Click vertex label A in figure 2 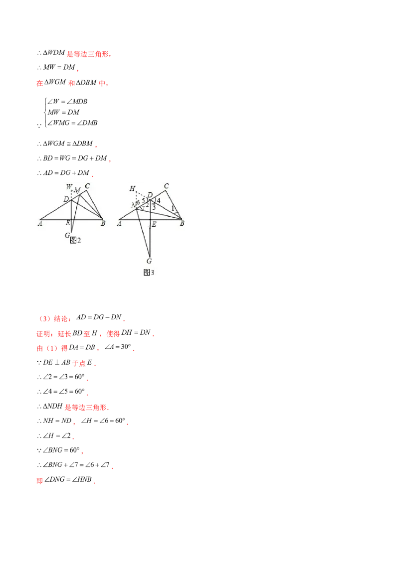39,224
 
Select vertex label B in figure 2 103,224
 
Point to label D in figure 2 66,199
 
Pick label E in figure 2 67,224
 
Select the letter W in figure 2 69,188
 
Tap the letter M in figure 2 77,190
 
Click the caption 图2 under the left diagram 75,240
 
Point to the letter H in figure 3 132,188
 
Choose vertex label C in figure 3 167,186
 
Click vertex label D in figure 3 150,195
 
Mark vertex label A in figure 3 119,224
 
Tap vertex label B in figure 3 183,224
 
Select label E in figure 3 154,225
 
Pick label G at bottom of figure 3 149,261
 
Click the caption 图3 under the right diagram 149,272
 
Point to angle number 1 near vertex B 173,208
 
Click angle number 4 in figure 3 159,201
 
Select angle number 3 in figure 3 154,206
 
